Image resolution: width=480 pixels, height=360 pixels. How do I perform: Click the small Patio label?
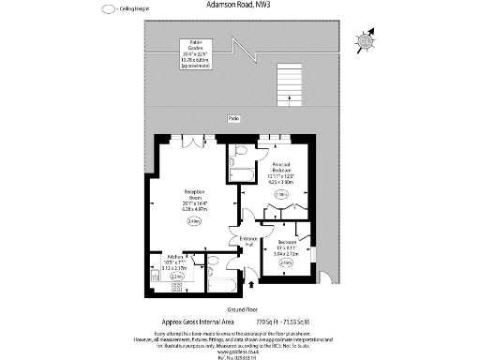click(x=232, y=118)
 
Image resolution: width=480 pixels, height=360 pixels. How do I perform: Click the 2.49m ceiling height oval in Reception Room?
click(x=194, y=221)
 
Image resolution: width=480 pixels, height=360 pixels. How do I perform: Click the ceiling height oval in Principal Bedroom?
click(x=280, y=194)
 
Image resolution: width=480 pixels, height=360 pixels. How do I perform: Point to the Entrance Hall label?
click(x=247, y=241)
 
